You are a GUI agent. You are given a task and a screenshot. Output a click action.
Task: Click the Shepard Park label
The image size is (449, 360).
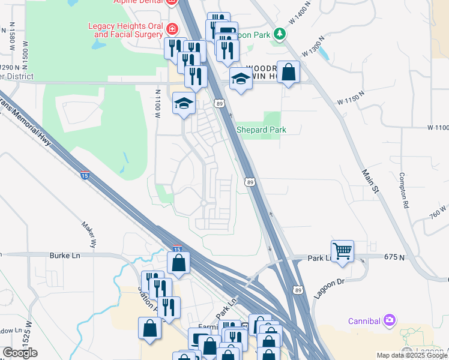point(261,130)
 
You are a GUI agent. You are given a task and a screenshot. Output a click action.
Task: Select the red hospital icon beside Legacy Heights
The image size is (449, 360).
point(172,28)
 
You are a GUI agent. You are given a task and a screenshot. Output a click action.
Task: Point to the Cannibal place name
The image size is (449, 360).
point(364,321)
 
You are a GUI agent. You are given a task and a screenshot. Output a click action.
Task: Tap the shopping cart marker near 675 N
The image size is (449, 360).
point(342,251)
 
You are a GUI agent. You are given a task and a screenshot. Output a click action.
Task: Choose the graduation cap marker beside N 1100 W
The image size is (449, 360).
point(184,103)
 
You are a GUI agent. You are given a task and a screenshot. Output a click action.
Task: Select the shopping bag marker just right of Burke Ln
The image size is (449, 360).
point(179,262)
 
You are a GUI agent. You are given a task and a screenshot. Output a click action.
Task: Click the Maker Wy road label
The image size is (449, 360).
point(89,233)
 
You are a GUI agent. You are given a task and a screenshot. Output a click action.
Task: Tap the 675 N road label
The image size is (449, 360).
point(395,257)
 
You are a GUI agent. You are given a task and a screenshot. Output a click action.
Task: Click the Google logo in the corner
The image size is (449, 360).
point(20,353)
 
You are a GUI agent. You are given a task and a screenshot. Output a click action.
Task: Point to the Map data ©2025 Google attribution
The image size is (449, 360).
point(411,355)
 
